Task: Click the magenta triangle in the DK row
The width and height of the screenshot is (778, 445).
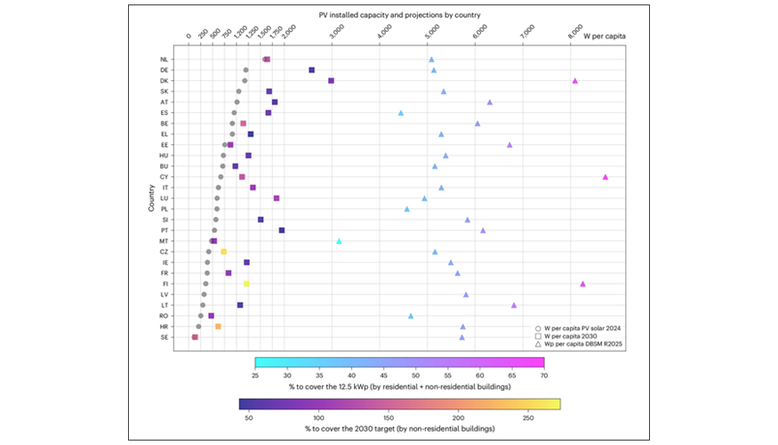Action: pyautogui.click(x=574, y=81)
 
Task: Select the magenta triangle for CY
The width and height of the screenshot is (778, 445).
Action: pyautogui.click(x=606, y=177)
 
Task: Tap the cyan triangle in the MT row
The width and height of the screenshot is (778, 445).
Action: pyautogui.click(x=339, y=241)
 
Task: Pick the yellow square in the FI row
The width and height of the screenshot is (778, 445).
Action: pyautogui.click(x=246, y=284)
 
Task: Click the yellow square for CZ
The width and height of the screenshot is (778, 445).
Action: pyautogui.click(x=224, y=252)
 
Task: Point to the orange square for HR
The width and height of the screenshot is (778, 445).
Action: pyautogui.click(x=218, y=327)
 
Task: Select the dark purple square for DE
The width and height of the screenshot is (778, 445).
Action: pyautogui.click(x=311, y=69)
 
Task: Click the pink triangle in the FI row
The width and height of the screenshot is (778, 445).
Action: pyautogui.click(x=582, y=284)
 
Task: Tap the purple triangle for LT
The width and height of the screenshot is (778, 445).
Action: pyautogui.click(x=514, y=305)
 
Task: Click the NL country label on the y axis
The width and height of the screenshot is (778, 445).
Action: pyautogui.click(x=164, y=60)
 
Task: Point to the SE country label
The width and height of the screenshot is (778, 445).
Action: pyautogui.click(x=164, y=337)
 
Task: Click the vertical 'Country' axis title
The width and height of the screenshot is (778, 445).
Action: pyautogui.click(x=152, y=198)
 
